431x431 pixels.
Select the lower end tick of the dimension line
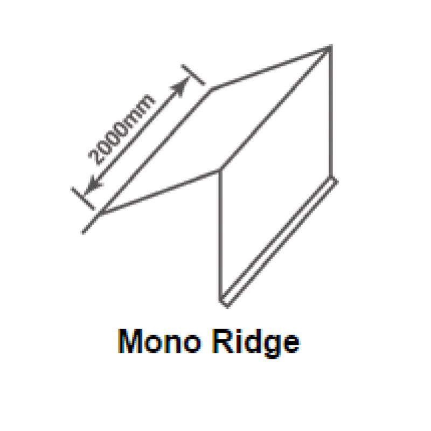click(82, 198)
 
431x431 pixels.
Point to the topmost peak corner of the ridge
click(330, 47)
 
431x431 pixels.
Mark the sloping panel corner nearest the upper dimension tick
click(212, 88)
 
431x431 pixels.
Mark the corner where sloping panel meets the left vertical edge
click(219, 170)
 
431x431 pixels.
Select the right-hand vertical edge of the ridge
click(330, 113)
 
